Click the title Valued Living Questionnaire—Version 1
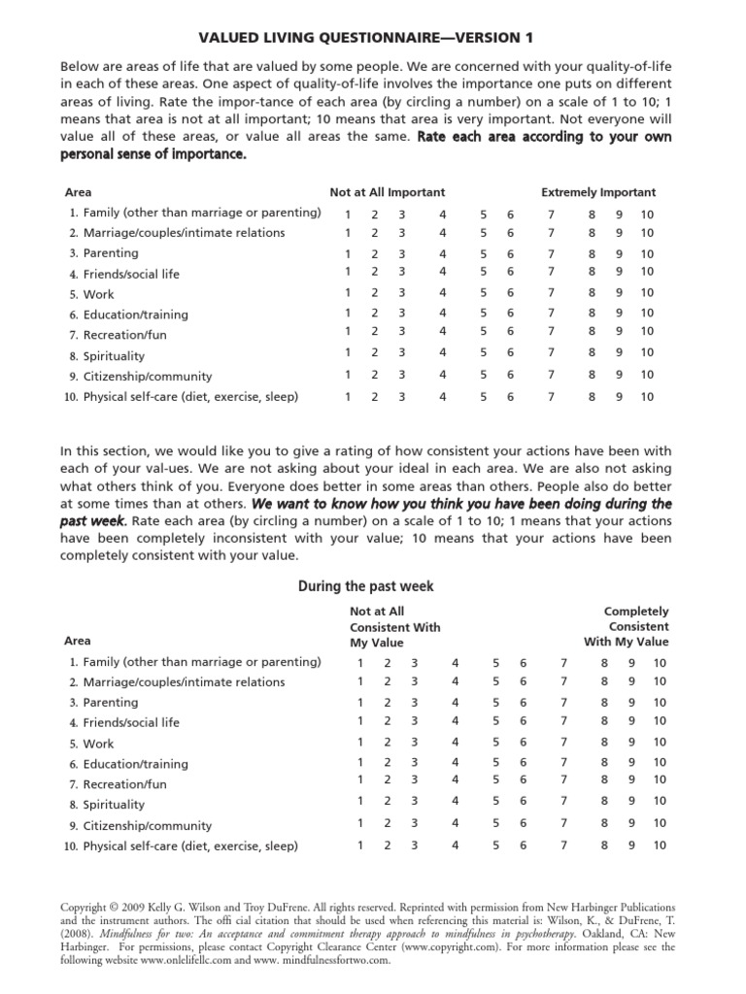(x=372, y=38)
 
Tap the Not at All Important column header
(x=387, y=192)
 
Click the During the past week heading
(x=372, y=586)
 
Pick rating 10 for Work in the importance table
(x=647, y=293)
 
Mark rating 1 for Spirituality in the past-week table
(x=361, y=801)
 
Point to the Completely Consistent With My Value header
(x=627, y=627)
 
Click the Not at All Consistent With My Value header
(x=394, y=627)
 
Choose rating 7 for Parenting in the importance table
(x=552, y=253)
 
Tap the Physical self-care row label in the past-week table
(x=190, y=845)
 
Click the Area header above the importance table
(x=78, y=192)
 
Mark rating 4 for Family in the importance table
(x=442, y=213)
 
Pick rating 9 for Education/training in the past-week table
(x=631, y=763)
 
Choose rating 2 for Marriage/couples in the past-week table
(x=388, y=681)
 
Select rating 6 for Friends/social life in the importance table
(x=511, y=272)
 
